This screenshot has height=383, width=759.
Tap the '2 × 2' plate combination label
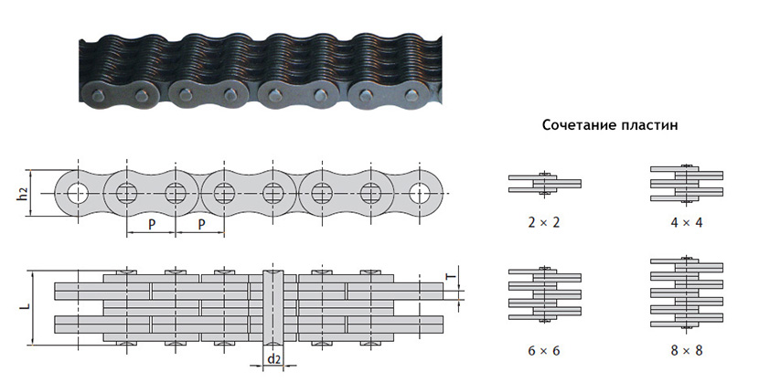click(543, 222)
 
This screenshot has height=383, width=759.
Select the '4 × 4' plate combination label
click(687, 222)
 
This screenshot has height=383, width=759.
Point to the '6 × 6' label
click(543, 350)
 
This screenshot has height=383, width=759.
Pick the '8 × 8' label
click(687, 350)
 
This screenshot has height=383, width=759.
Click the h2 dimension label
click(23, 194)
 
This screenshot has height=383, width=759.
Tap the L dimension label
click(27, 306)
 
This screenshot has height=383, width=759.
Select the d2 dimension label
click(274, 359)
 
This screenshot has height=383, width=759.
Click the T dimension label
click(451, 277)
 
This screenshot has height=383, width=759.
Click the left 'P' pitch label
click(152, 224)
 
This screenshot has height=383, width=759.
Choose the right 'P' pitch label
click(201, 224)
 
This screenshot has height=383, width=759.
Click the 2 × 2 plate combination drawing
click(545, 184)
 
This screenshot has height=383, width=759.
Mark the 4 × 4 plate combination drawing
click(687, 184)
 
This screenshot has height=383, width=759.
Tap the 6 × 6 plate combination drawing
click(545, 294)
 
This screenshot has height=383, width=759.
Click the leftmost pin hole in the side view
click(78, 194)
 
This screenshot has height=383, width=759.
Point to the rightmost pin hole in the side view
click(419, 194)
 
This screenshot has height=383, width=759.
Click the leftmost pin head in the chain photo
click(95, 92)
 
